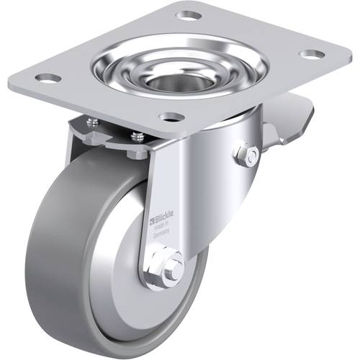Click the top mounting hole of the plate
tap(189, 14)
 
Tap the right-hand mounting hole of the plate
tap(310, 54)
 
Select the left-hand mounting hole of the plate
tap(49, 77)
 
